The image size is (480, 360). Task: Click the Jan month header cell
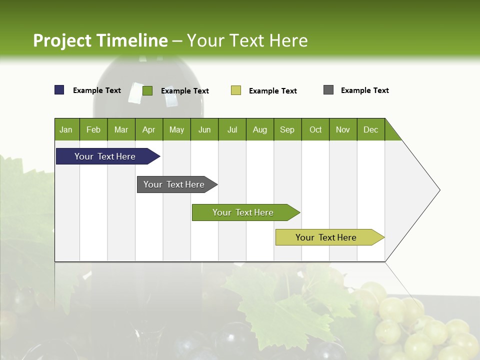[x=66, y=129]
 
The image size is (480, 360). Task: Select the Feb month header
[x=93, y=129]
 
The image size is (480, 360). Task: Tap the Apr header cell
[x=149, y=129]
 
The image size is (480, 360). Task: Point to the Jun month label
[x=204, y=129]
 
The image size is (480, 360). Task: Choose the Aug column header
[x=260, y=129]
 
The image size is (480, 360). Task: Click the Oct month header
[x=315, y=129]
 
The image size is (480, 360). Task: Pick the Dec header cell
[x=371, y=129]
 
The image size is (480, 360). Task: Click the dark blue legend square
[x=59, y=90]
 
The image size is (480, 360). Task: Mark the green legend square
[x=147, y=90]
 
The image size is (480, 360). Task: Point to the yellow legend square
[x=236, y=90]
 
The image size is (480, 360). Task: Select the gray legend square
[x=328, y=90]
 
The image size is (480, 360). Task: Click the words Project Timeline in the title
[x=100, y=40]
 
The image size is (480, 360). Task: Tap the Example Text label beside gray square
[x=364, y=90]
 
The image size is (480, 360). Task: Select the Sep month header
[x=287, y=129]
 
